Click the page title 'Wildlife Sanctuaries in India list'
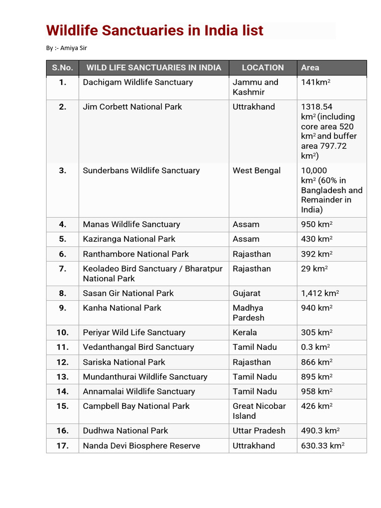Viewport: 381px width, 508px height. [x=154, y=31]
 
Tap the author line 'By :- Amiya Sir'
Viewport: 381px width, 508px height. [x=67, y=48]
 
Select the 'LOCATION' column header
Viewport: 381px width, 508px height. [x=262, y=68]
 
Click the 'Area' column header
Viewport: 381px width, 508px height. [x=310, y=68]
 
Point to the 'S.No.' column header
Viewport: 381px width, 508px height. [x=63, y=68]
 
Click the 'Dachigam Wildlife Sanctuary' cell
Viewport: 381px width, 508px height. [x=137, y=82]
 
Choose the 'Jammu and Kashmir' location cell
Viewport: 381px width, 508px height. [x=255, y=87]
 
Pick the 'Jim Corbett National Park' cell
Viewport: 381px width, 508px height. [x=132, y=107]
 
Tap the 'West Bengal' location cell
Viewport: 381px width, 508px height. [x=256, y=171]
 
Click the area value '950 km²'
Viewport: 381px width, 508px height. [x=317, y=225]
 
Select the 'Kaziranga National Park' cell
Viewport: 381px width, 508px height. [x=129, y=239]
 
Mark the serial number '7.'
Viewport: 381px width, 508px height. [x=63, y=269]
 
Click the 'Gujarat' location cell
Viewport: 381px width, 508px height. [x=247, y=293]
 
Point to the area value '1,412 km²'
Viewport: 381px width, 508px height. [x=320, y=293]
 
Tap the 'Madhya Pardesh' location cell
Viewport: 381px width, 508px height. [x=249, y=313]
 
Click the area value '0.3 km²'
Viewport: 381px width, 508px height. [x=315, y=347]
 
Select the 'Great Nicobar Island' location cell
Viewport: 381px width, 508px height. [x=259, y=411]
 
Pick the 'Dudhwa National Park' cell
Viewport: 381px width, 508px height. [x=125, y=431]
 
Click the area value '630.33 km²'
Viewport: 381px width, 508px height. [x=322, y=445]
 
